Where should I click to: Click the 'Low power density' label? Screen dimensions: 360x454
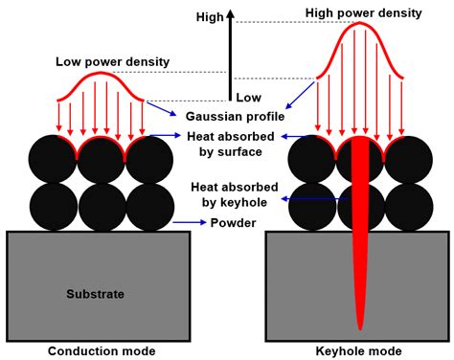point(112,62)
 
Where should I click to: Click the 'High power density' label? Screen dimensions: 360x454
point(361,12)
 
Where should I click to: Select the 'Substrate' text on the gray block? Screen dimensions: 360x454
point(95,293)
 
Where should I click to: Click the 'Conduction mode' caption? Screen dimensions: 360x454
point(102,350)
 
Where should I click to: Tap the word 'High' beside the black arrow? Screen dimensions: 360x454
point(209,16)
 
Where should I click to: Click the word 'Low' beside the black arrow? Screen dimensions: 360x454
point(248,98)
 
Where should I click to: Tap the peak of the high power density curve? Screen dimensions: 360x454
point(360,26)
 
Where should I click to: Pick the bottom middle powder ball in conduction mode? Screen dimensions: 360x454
point(102,205)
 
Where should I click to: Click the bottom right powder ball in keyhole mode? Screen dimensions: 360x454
point(407,205)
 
